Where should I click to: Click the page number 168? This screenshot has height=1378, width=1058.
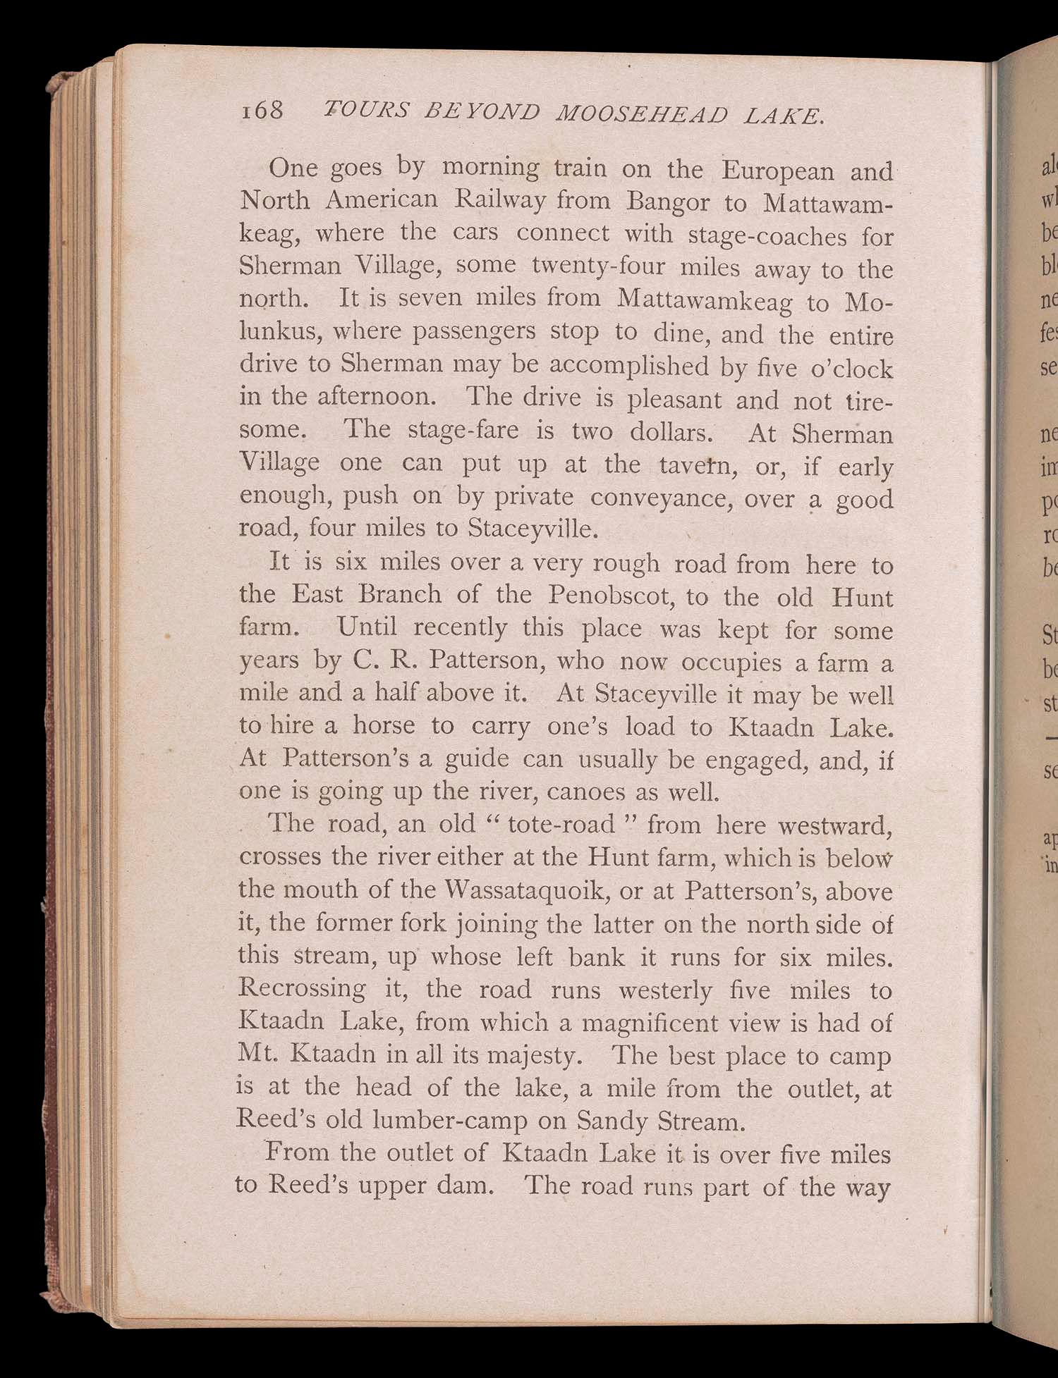(262, 110)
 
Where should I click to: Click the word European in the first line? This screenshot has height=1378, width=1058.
(778, 171)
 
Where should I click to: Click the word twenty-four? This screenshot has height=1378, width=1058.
(599, 266)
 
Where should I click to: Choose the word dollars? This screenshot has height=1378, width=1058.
(672, 431)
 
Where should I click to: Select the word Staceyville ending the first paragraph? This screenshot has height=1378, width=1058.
(533, 529)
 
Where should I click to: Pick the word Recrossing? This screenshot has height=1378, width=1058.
(302, 988)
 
